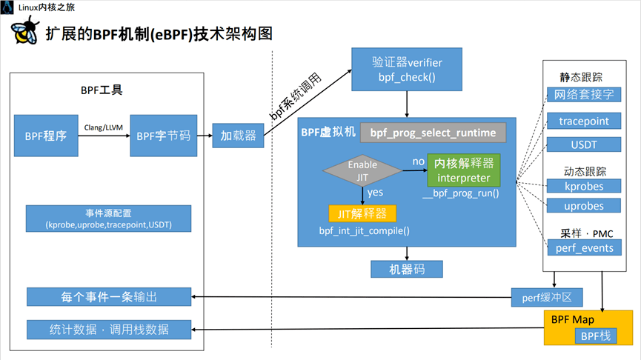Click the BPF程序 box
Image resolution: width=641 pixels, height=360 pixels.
pyautogui.click(x=45, y=136)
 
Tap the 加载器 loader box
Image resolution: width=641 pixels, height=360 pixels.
pyautogui.click(x=238, y=136)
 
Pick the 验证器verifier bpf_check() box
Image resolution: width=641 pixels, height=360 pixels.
pyautogui.click(x=407, y=68)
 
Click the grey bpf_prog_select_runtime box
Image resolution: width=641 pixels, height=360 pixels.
pyautogui.click(x=433, y=133)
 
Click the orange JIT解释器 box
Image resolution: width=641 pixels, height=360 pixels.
pyautogui.click(x=362, y=213)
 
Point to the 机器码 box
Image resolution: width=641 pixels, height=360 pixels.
pyautogui.click(x=407, y=269)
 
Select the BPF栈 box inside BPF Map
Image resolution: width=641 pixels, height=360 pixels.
pyautogui.click(x=594, y=336)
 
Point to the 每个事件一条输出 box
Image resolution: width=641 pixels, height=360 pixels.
pyautogui.click(x=109, y=298)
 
